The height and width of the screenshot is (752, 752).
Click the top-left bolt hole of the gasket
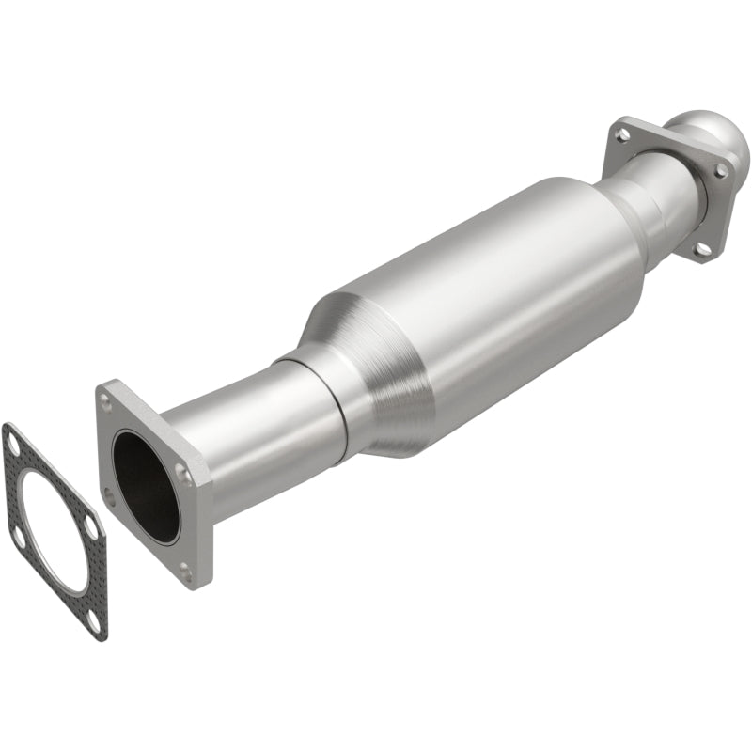[13, 440]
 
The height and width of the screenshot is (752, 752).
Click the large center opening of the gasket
[54, 529]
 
